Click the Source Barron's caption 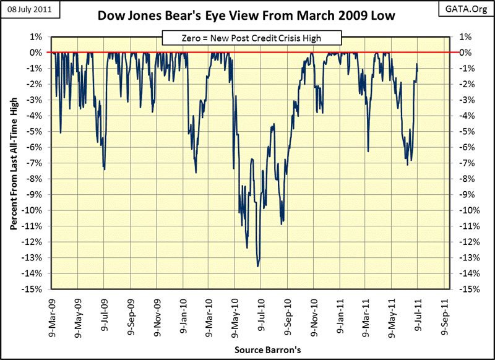[267, 350]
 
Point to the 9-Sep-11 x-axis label [444, 315]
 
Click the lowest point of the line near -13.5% [258, 266]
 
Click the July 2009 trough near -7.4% [104, 169]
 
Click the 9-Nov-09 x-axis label [157, 315]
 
